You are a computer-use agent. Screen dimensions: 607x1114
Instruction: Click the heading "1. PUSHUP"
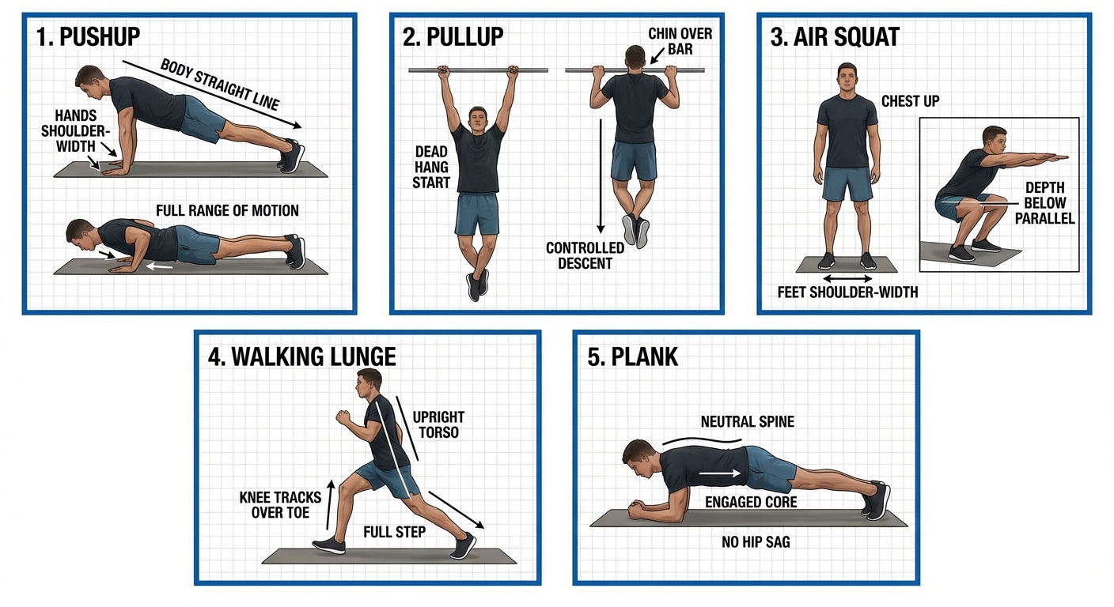pos(89,37)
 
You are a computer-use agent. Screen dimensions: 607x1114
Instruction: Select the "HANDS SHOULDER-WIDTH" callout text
pos(77,131)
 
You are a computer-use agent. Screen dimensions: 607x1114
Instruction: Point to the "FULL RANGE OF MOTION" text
pos(227,211)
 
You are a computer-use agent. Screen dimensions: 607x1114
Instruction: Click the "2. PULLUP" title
pos(453,37)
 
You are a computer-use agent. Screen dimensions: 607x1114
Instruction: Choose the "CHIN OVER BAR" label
pos(680,42)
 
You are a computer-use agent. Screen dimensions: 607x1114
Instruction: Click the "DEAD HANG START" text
pos(432,167)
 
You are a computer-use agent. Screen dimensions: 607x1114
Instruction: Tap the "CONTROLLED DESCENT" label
pos(585,255)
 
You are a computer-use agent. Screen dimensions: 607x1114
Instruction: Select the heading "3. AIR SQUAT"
pos(835,37)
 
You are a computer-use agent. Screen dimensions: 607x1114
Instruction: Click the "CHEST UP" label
pos(910,101)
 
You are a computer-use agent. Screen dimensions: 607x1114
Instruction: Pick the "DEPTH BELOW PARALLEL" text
pos(1044,203)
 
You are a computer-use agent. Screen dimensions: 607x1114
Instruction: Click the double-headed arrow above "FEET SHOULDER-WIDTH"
pos(847,278)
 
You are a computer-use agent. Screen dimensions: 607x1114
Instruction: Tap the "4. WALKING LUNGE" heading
pos(301,356)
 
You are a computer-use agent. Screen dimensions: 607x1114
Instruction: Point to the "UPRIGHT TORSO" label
pos(438,424)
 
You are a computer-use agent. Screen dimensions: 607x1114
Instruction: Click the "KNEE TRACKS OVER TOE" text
pos(280,504)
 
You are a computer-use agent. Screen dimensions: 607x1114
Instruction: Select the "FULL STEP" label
pos(394,532)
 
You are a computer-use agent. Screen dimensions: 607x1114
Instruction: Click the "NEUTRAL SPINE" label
pos(747,422)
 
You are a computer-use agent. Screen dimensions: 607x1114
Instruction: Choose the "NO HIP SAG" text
pos(756,542)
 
